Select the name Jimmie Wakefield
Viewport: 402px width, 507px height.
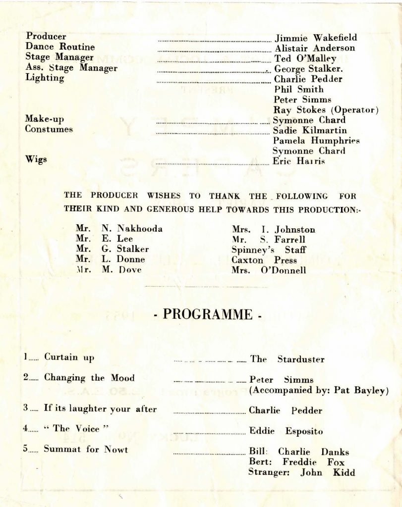(316, 38)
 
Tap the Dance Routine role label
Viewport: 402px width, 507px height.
(60, 47)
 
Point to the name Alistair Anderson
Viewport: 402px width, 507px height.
(315, 48)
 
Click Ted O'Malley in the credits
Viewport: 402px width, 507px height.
(305, 58)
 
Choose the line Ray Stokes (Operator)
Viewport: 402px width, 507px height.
(326, 110)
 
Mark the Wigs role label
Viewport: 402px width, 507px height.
(36, 159)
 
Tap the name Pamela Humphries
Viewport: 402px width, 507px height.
(316, 141)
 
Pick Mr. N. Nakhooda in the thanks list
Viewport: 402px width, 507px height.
(119, 229)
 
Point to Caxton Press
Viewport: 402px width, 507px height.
(264, 260)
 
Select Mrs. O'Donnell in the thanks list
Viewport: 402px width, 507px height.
(269, 270)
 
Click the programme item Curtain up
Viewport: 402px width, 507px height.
(69, 357)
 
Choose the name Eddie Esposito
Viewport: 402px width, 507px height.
(286, 431)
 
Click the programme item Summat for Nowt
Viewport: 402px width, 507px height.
(86, 449)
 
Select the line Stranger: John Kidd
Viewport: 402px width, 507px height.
(301, 472)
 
